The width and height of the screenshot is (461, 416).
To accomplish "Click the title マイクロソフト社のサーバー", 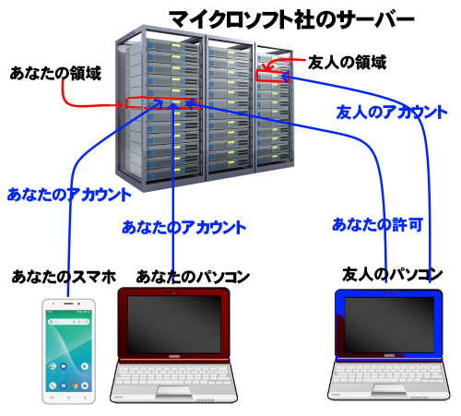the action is click(x=291, y=19).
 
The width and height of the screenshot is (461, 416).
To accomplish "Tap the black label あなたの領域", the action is click(x=55, y=73).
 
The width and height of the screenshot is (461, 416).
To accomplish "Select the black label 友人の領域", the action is click(x=347, y=63).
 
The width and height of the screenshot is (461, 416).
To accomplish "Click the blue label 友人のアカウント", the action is click(x=392, y=112).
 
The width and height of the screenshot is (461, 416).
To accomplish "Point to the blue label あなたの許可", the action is click(x=377, y=225).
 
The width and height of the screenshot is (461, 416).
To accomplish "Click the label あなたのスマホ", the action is click(x=65, y=277).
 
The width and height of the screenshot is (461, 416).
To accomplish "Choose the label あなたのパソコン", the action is click(x=193, y=277).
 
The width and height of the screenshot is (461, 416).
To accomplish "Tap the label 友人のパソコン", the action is click(x=393, y=274).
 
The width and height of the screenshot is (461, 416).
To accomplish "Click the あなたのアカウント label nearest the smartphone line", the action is click(x=69, y=195).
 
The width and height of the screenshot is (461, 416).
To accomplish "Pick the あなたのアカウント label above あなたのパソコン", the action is click(x=184, y=228).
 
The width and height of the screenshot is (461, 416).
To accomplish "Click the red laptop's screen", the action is click(x=174, y=324).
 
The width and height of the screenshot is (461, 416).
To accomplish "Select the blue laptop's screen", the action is click(x=389, y=325).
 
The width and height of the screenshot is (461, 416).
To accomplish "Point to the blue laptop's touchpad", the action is click(x=389, y=389).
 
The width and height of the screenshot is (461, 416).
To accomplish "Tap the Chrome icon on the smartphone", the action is click(x=74, y=386).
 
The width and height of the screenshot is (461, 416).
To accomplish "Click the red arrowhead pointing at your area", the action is click(x=120, y=106).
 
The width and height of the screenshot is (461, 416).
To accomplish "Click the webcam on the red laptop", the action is click(x=174, y=291).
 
